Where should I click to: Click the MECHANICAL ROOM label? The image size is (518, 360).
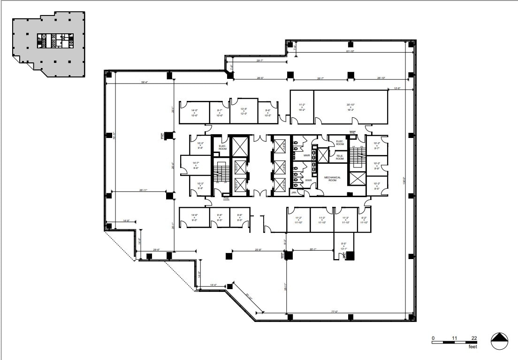point(332,179)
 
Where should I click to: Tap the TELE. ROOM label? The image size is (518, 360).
point(340,157)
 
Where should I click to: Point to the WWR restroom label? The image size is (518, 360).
point(308,180)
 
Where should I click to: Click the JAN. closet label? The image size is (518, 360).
point(294,192)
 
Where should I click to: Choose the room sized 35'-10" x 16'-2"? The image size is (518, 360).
point(350,107)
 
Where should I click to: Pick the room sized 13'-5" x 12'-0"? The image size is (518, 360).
point(244,111)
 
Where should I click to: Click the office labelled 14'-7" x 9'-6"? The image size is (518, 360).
point(196,165)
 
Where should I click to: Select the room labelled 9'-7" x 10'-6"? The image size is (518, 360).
point(219,113)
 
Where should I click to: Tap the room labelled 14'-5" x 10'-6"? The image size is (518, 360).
point(194,113)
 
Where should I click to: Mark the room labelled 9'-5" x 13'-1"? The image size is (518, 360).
point(343,245)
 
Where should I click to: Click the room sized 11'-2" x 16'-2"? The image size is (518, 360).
point(302,107)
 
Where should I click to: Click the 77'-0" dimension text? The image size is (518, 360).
point(335,311)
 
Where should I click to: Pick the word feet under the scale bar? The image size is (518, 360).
point(473,347)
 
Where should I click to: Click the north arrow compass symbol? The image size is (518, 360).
point(500,341)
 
